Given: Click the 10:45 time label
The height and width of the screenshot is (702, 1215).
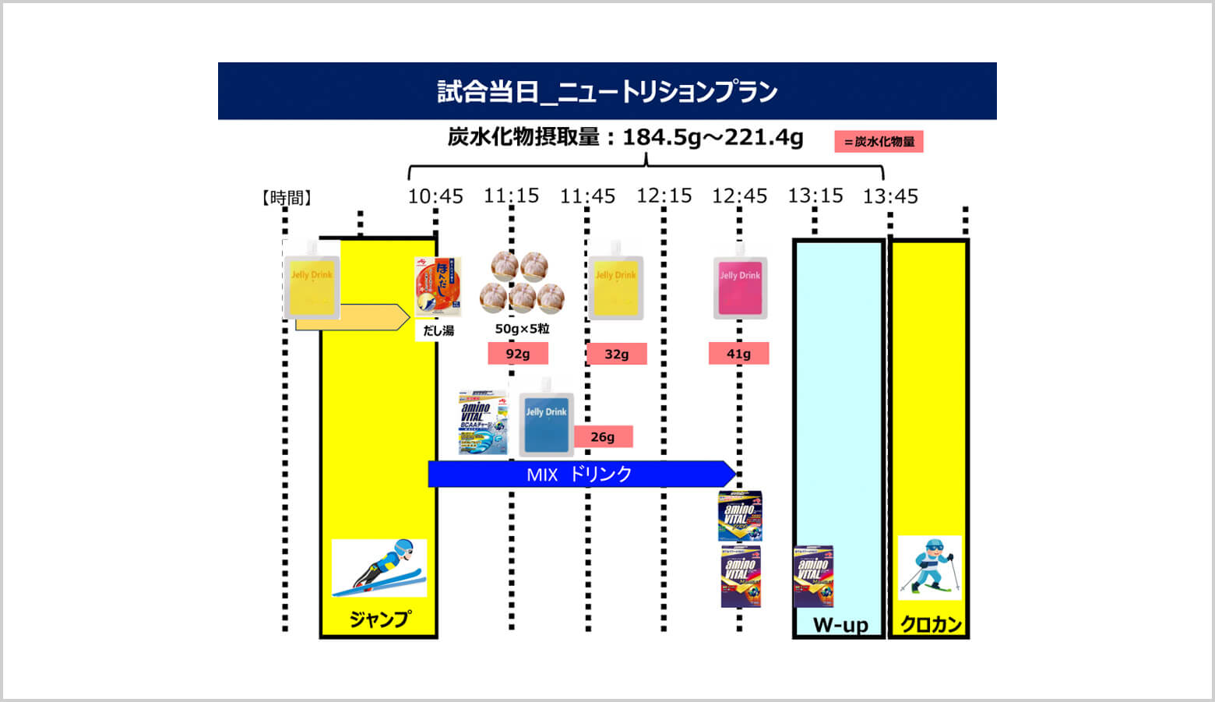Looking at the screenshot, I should [x=435, y=196].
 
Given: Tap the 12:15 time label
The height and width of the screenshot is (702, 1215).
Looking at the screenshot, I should [x=664, y=196].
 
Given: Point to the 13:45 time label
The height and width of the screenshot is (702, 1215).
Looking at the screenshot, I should [x=890, y=196].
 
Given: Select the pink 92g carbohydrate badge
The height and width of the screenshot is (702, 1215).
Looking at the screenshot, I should [x=518, y=354].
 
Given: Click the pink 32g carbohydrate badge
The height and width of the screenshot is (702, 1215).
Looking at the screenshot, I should [x=616, y=355].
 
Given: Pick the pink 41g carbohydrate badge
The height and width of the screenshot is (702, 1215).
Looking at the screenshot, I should [x=738, y=354].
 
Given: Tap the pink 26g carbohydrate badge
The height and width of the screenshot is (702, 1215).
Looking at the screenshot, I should [x=603, y=437].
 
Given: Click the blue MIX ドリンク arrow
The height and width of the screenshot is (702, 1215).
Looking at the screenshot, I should [x=580, y=474].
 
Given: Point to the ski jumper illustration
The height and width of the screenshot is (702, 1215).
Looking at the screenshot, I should [x=379, y=567].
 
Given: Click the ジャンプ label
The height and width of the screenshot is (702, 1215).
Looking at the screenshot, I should [x=379, y=620].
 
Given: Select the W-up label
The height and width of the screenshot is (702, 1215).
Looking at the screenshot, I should [x=840, y=625].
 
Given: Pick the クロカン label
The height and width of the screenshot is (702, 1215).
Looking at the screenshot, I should [x=931, y=625].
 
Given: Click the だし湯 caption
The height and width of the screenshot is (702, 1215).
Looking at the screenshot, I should [x=438, y=330].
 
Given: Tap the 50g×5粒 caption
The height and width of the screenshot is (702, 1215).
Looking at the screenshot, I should [x=522, y=329].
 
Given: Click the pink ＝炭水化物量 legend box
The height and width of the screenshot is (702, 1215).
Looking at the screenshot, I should [x=879, y=142].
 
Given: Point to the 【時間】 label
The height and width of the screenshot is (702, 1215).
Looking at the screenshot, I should [x=286, y=198].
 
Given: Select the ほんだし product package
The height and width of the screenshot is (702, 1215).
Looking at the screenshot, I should [x=438, y=286].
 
